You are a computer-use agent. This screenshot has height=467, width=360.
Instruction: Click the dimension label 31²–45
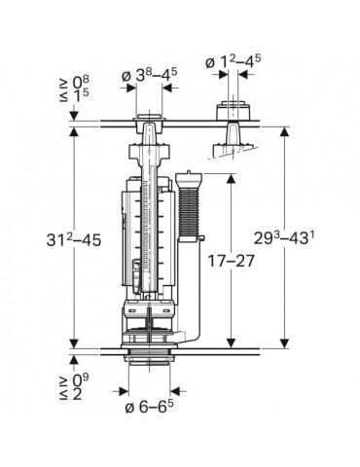74,240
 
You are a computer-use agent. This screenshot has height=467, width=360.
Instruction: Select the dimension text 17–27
231,261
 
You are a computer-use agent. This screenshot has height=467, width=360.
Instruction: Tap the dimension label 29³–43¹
284,238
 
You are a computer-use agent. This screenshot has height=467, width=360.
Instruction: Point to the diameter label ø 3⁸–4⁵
149,76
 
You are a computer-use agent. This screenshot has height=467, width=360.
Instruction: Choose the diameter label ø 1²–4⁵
233,61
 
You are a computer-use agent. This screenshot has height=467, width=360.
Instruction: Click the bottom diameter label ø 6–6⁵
149,407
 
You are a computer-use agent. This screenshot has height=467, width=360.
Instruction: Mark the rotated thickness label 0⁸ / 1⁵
74,89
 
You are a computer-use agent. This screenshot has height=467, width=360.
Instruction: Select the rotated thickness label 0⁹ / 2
74,386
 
